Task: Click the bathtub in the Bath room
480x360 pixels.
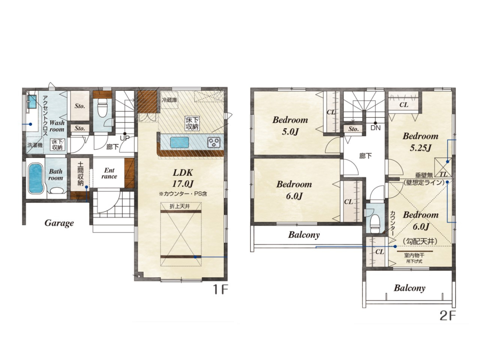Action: pos(35,178)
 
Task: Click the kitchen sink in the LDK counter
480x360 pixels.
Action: pos(179,142)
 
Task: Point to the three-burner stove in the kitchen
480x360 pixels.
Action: pos(214,142)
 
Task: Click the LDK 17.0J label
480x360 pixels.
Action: pos(183,178)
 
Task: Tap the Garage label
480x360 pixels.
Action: pos(59,223)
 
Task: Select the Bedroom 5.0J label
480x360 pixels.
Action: pos(290,126)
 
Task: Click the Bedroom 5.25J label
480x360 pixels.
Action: pos(420,142)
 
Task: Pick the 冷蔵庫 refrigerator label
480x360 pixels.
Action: pos(169,100)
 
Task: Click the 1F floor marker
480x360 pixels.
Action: pos(221,289)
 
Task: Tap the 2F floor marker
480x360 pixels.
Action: pos(448,315)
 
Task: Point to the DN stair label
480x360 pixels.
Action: pos(375,128)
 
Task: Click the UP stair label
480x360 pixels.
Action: pos(125,138)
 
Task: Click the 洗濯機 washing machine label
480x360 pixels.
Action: pos(35,145)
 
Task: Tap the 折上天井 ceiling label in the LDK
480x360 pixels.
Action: pos(180,206)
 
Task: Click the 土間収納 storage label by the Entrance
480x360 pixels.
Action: pos(80,174)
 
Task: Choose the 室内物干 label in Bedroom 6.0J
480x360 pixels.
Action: pos(414,255)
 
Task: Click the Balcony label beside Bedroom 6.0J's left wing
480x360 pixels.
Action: pos(304,235)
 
